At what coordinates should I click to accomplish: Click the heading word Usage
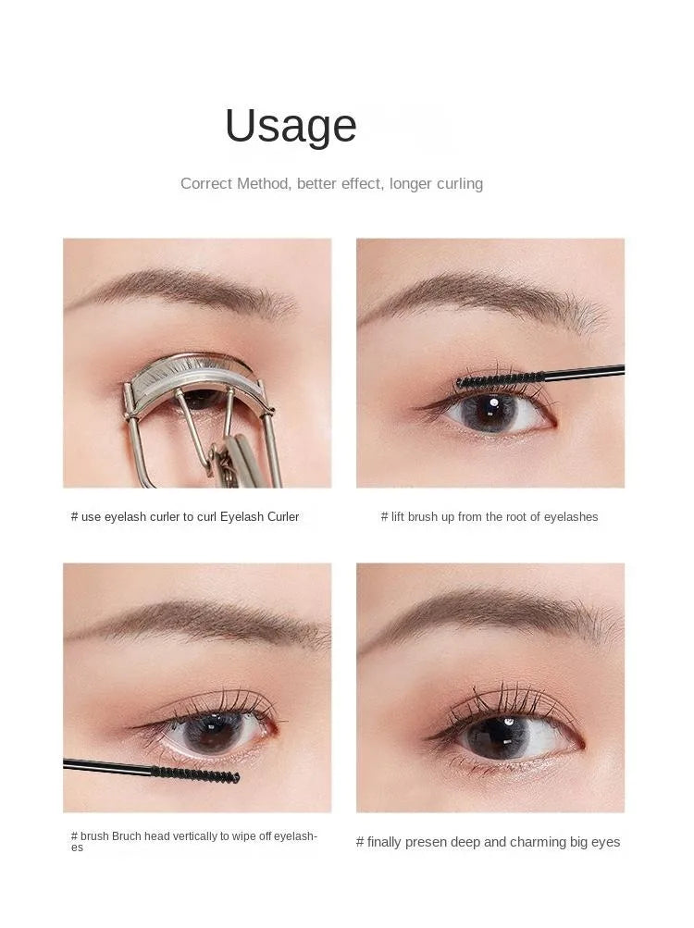[x=291, y=126]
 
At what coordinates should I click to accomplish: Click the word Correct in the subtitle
[x=206, y=183]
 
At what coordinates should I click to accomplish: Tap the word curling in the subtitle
[x=455, y=183]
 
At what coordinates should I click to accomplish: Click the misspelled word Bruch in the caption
[x=127, y=836]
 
